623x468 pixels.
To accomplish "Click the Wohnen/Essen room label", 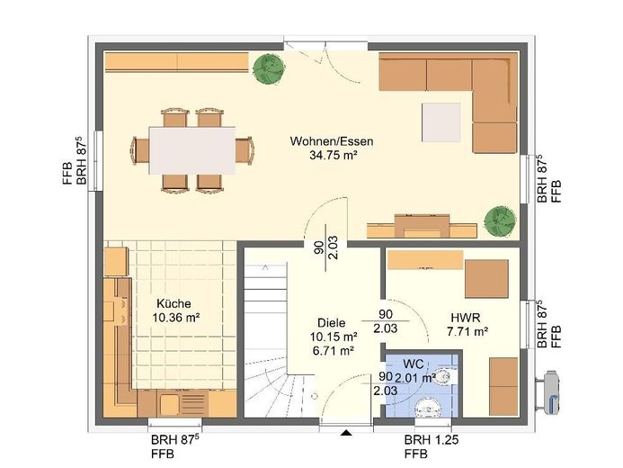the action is click(332, 141).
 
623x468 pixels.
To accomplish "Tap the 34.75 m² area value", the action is click(332, 155).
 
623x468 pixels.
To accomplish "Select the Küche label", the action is click(174, 304).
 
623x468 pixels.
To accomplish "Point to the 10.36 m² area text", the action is click(175, 318).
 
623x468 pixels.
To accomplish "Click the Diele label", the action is click(332, 323).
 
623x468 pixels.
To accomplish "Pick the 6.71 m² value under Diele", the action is click(333, 351).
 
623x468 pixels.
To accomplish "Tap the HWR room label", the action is click(466, 318).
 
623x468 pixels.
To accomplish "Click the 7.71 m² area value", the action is click(467, 331).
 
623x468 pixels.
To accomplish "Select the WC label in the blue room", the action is click(414, 364).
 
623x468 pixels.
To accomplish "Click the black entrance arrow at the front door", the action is click(346, 433).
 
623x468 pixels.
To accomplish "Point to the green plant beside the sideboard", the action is click(270, 69).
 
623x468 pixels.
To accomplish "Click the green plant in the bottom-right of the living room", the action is click(500, 221).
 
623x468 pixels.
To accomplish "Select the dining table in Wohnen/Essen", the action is click(191, 150).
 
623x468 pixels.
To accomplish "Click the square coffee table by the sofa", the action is click(441, 122).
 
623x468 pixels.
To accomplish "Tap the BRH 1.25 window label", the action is click(432, 440).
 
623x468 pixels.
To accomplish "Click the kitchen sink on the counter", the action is click(170, 403).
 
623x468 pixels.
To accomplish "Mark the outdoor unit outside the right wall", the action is click(548, 392).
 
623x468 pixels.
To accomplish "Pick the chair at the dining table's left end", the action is click(140, 150).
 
